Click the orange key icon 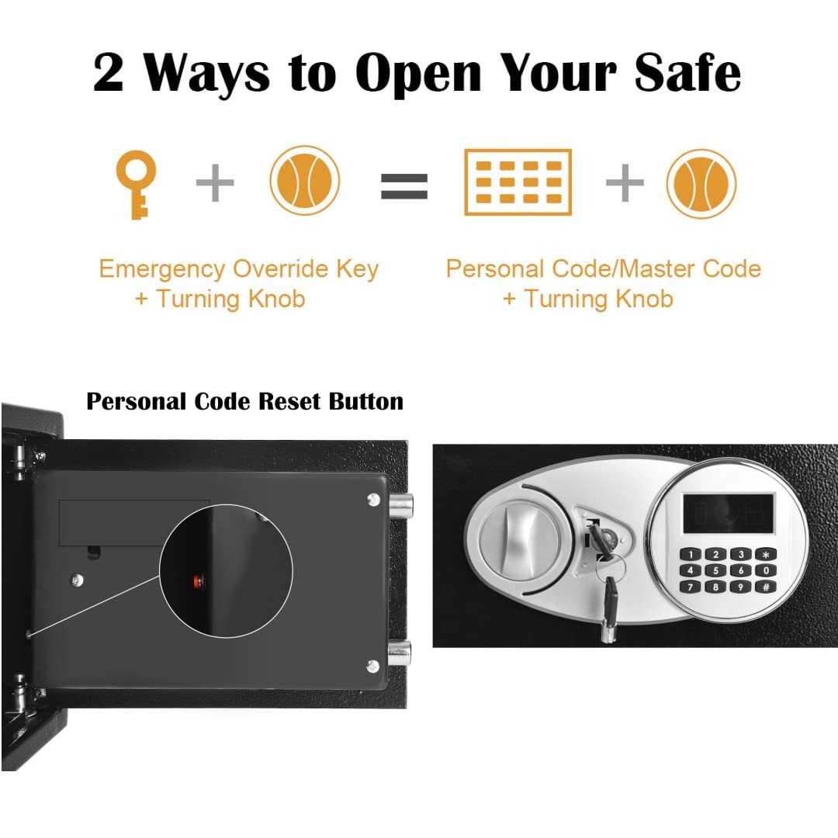click(136, 185)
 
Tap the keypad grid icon click(518, 182)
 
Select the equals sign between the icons click(404, 186)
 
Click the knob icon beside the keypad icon click(701, 183)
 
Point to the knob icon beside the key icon click(305, 180)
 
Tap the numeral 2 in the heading click(108, 73)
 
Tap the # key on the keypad click(766, 587)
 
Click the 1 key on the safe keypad click(691, 555)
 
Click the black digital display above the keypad click(729, 513)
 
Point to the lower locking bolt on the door click(400, 653)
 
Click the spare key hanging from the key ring click(610, 608)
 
